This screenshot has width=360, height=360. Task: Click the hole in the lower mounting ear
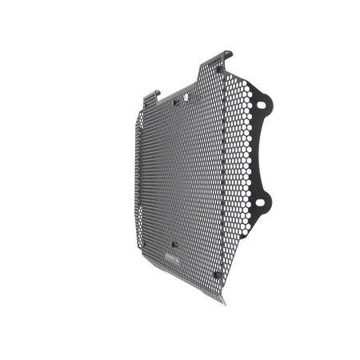point(261,199)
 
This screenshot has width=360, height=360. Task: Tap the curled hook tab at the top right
point(226,55)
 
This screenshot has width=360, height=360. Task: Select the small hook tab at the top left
point(154,94)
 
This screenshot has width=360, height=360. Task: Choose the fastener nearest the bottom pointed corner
point(216,272)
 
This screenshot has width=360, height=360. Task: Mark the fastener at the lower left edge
point(138,233)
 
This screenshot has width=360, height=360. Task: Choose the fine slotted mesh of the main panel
point(172,176)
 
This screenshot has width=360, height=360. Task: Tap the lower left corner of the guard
point(134,251)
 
